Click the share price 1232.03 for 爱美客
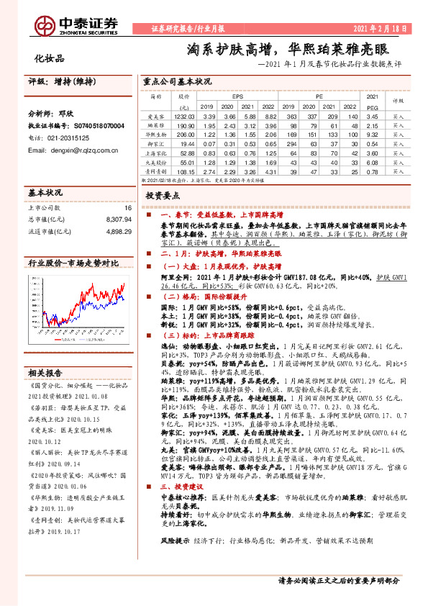pyautogui.click(x=184, y=116)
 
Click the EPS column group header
pyautogui.click(x=237, y=96)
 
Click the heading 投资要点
pyautogui.click(x=163, y=195)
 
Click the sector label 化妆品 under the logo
pyautogui.click(x=50, y=58)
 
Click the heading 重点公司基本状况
pyautogui.click(x=177, y=81)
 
